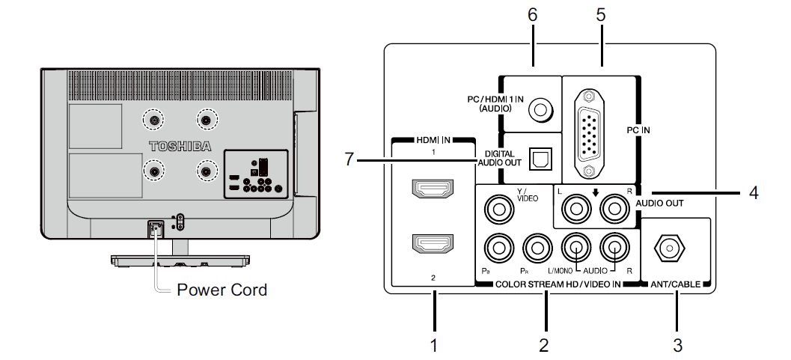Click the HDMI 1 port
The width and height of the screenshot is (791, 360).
pyautogui.click(x=433, y=190)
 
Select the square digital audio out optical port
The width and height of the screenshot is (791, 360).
pyautogui.click(x=539, y=157)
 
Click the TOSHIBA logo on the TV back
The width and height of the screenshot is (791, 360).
pyautogui.click(x=180, y=144)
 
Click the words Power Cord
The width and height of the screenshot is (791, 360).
pyautogui.click(x=222, y=290)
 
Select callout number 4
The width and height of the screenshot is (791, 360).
pyautogui.click(x=754, y=193)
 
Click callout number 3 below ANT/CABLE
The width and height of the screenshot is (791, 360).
pyautogui.click(x=677, y=345)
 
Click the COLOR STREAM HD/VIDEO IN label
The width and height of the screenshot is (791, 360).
pyautogui.click(x=559, y=285)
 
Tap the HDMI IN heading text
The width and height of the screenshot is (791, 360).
pyautogui.click(x=433, y=140)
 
